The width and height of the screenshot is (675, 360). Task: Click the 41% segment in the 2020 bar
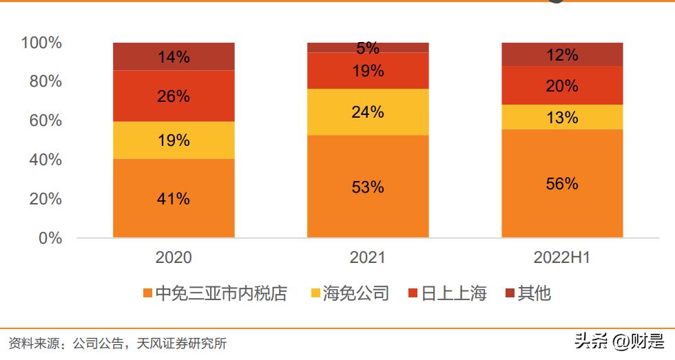174,199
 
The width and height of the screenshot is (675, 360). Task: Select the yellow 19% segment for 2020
174,140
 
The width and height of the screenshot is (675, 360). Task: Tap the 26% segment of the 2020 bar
174,96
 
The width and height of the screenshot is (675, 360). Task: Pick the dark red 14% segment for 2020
174,57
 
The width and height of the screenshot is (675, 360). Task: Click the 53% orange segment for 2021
367,187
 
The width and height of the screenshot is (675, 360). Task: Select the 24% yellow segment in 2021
367,112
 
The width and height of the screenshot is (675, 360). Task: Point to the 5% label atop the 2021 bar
367,47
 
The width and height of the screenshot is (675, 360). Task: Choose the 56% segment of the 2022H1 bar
561,184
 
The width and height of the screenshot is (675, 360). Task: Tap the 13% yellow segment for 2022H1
561,118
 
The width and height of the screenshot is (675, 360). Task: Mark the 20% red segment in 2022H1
561,86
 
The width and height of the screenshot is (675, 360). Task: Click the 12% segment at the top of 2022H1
561,55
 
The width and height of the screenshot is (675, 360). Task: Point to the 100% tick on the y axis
41,43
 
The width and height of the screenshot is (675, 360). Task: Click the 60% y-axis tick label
45,120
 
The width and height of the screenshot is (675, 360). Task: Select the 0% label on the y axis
50,238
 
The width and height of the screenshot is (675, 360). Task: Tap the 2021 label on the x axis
367,258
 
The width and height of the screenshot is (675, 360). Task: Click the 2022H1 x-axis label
561,258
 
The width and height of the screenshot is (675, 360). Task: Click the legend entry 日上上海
454,294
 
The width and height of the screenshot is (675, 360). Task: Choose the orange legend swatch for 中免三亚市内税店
147,294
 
